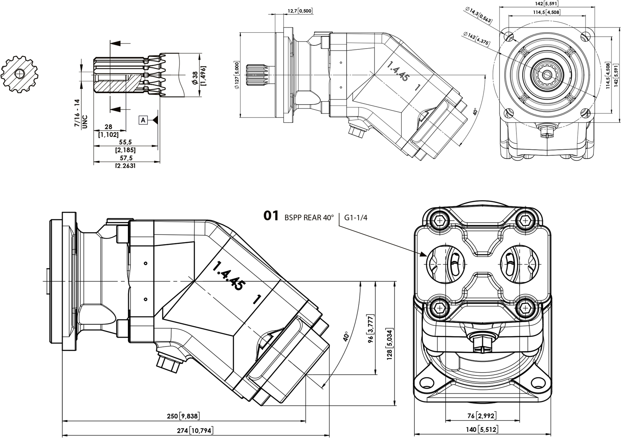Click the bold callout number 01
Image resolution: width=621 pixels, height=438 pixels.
pos(271,216)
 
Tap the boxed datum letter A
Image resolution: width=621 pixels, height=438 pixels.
pos(143,119)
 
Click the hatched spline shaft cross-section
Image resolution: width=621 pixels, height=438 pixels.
pos(19,74)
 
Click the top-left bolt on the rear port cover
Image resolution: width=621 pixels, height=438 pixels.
pos(440,220)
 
